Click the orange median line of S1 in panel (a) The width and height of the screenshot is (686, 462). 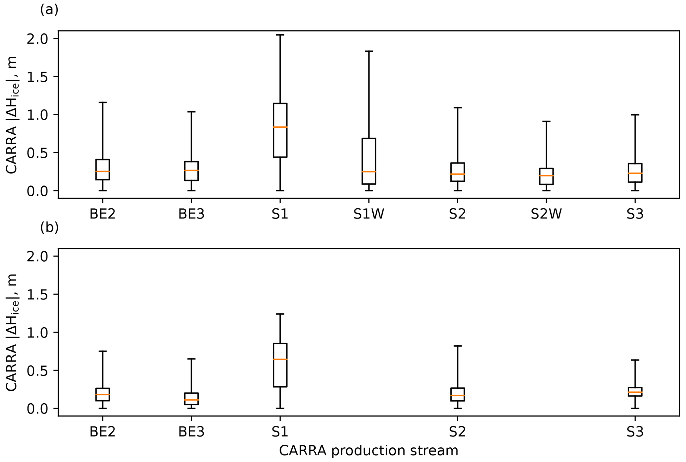coord(280,127)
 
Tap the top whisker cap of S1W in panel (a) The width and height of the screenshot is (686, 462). coord(369,51)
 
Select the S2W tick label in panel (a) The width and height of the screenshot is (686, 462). coord(546,214)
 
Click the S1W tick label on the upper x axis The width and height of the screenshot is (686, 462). coord(369,214)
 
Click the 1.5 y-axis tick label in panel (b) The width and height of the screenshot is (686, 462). coord(37,295)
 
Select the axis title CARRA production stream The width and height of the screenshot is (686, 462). coord(368,451)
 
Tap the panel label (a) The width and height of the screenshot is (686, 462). coord(49,10)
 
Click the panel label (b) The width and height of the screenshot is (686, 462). coord(49,228)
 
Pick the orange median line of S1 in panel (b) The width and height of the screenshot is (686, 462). coord(280,360)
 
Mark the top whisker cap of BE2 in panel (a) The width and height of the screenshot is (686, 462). coord(103,102)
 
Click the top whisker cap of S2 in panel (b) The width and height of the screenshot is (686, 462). coord(458,346)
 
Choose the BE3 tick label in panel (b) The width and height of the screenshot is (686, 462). coord(191,432)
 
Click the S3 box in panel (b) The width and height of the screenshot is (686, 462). coord(635,392)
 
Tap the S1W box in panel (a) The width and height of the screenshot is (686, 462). coord(369,161)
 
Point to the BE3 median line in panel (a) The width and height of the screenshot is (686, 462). coord(191,170)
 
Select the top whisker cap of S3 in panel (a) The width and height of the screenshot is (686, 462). coord(635,115)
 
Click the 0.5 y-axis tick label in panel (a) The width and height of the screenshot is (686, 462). coord(37,153)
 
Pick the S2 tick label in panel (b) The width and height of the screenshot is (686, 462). coord(458,432)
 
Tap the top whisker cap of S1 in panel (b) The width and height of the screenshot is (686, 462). coord(280,314)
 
